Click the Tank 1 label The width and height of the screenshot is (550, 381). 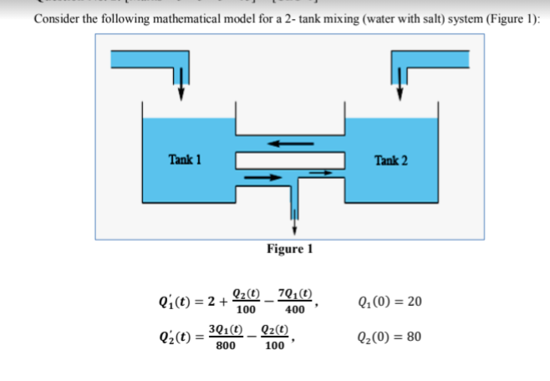click(x=186, y=159)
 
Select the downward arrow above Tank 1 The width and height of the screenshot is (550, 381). click(x=179, y=88)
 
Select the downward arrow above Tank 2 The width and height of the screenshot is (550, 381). click(x=399, y=88)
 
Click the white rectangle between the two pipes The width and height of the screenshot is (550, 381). click(x=290, y=160)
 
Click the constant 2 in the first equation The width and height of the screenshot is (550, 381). click(x=212, y=301)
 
